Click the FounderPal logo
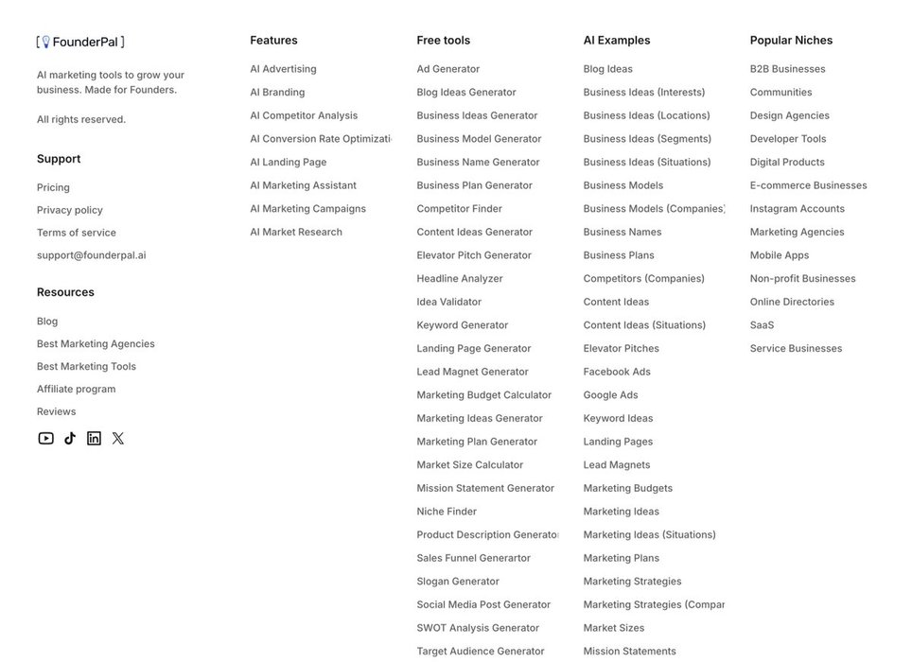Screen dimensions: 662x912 pos(80,42)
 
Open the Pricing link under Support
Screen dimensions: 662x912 pos(53,187)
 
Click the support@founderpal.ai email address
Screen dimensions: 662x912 pos(91,255)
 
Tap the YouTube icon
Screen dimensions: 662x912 pos(45,438)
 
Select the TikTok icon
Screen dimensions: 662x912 pos(70,438)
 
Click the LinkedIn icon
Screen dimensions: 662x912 pos(94,438)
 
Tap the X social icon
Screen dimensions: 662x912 pos(118,438)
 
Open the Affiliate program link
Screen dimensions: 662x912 pos(76,389)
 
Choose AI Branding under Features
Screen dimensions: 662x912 pos(277,92)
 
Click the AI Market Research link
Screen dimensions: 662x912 pos(296,232)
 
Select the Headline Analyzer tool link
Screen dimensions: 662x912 pos(460,278)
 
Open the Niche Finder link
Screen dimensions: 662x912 pos(447,512)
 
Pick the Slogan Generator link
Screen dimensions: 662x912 pos(458,582)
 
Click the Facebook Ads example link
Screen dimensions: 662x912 pos(617,372)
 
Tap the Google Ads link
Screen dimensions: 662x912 pos(610,395)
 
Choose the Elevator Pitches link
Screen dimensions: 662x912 pos(621,348)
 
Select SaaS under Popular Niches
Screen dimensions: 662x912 pos(762,325)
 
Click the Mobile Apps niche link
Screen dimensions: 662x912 pos(780,255)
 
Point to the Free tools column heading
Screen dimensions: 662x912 pos(443,41)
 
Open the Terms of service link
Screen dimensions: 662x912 pos(77,233)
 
